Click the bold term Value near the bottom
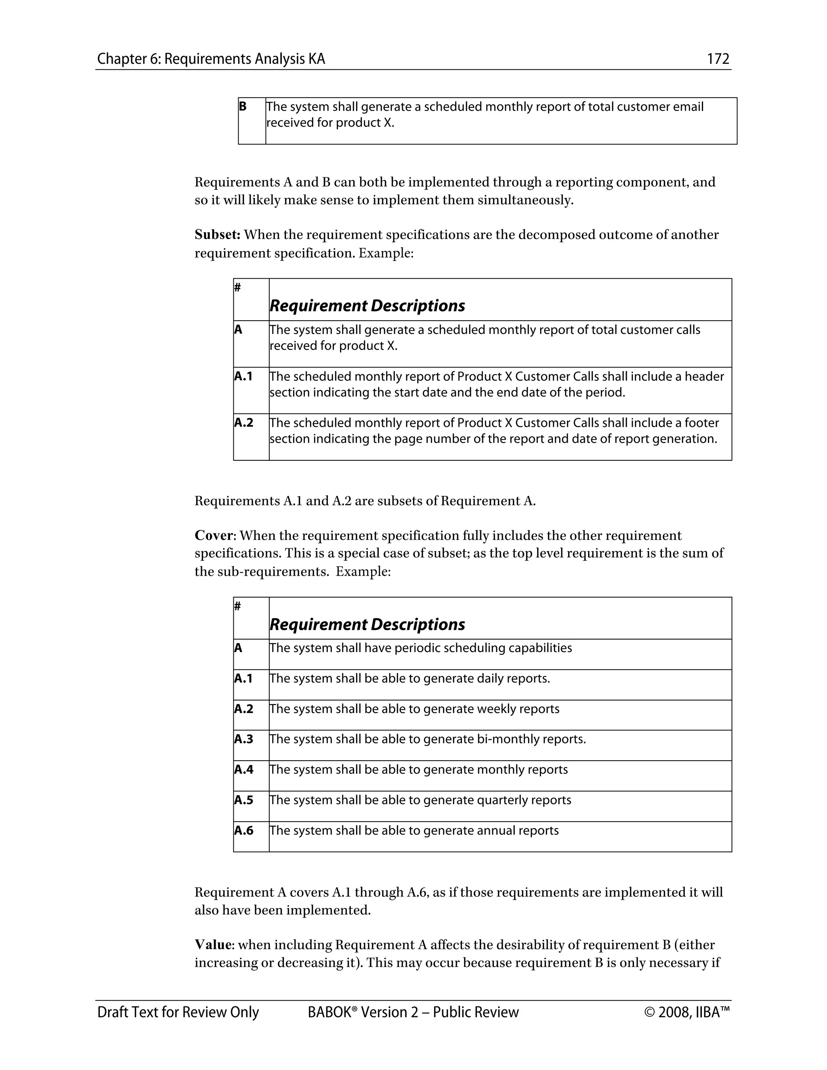tap(213, 944)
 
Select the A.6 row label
tap(243, 831)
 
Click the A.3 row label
tap(243, 739)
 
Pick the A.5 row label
tap(243, 800)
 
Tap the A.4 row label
tap(243, 770)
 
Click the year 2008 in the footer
tap(675, 1012)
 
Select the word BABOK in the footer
tap(329, 1012)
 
